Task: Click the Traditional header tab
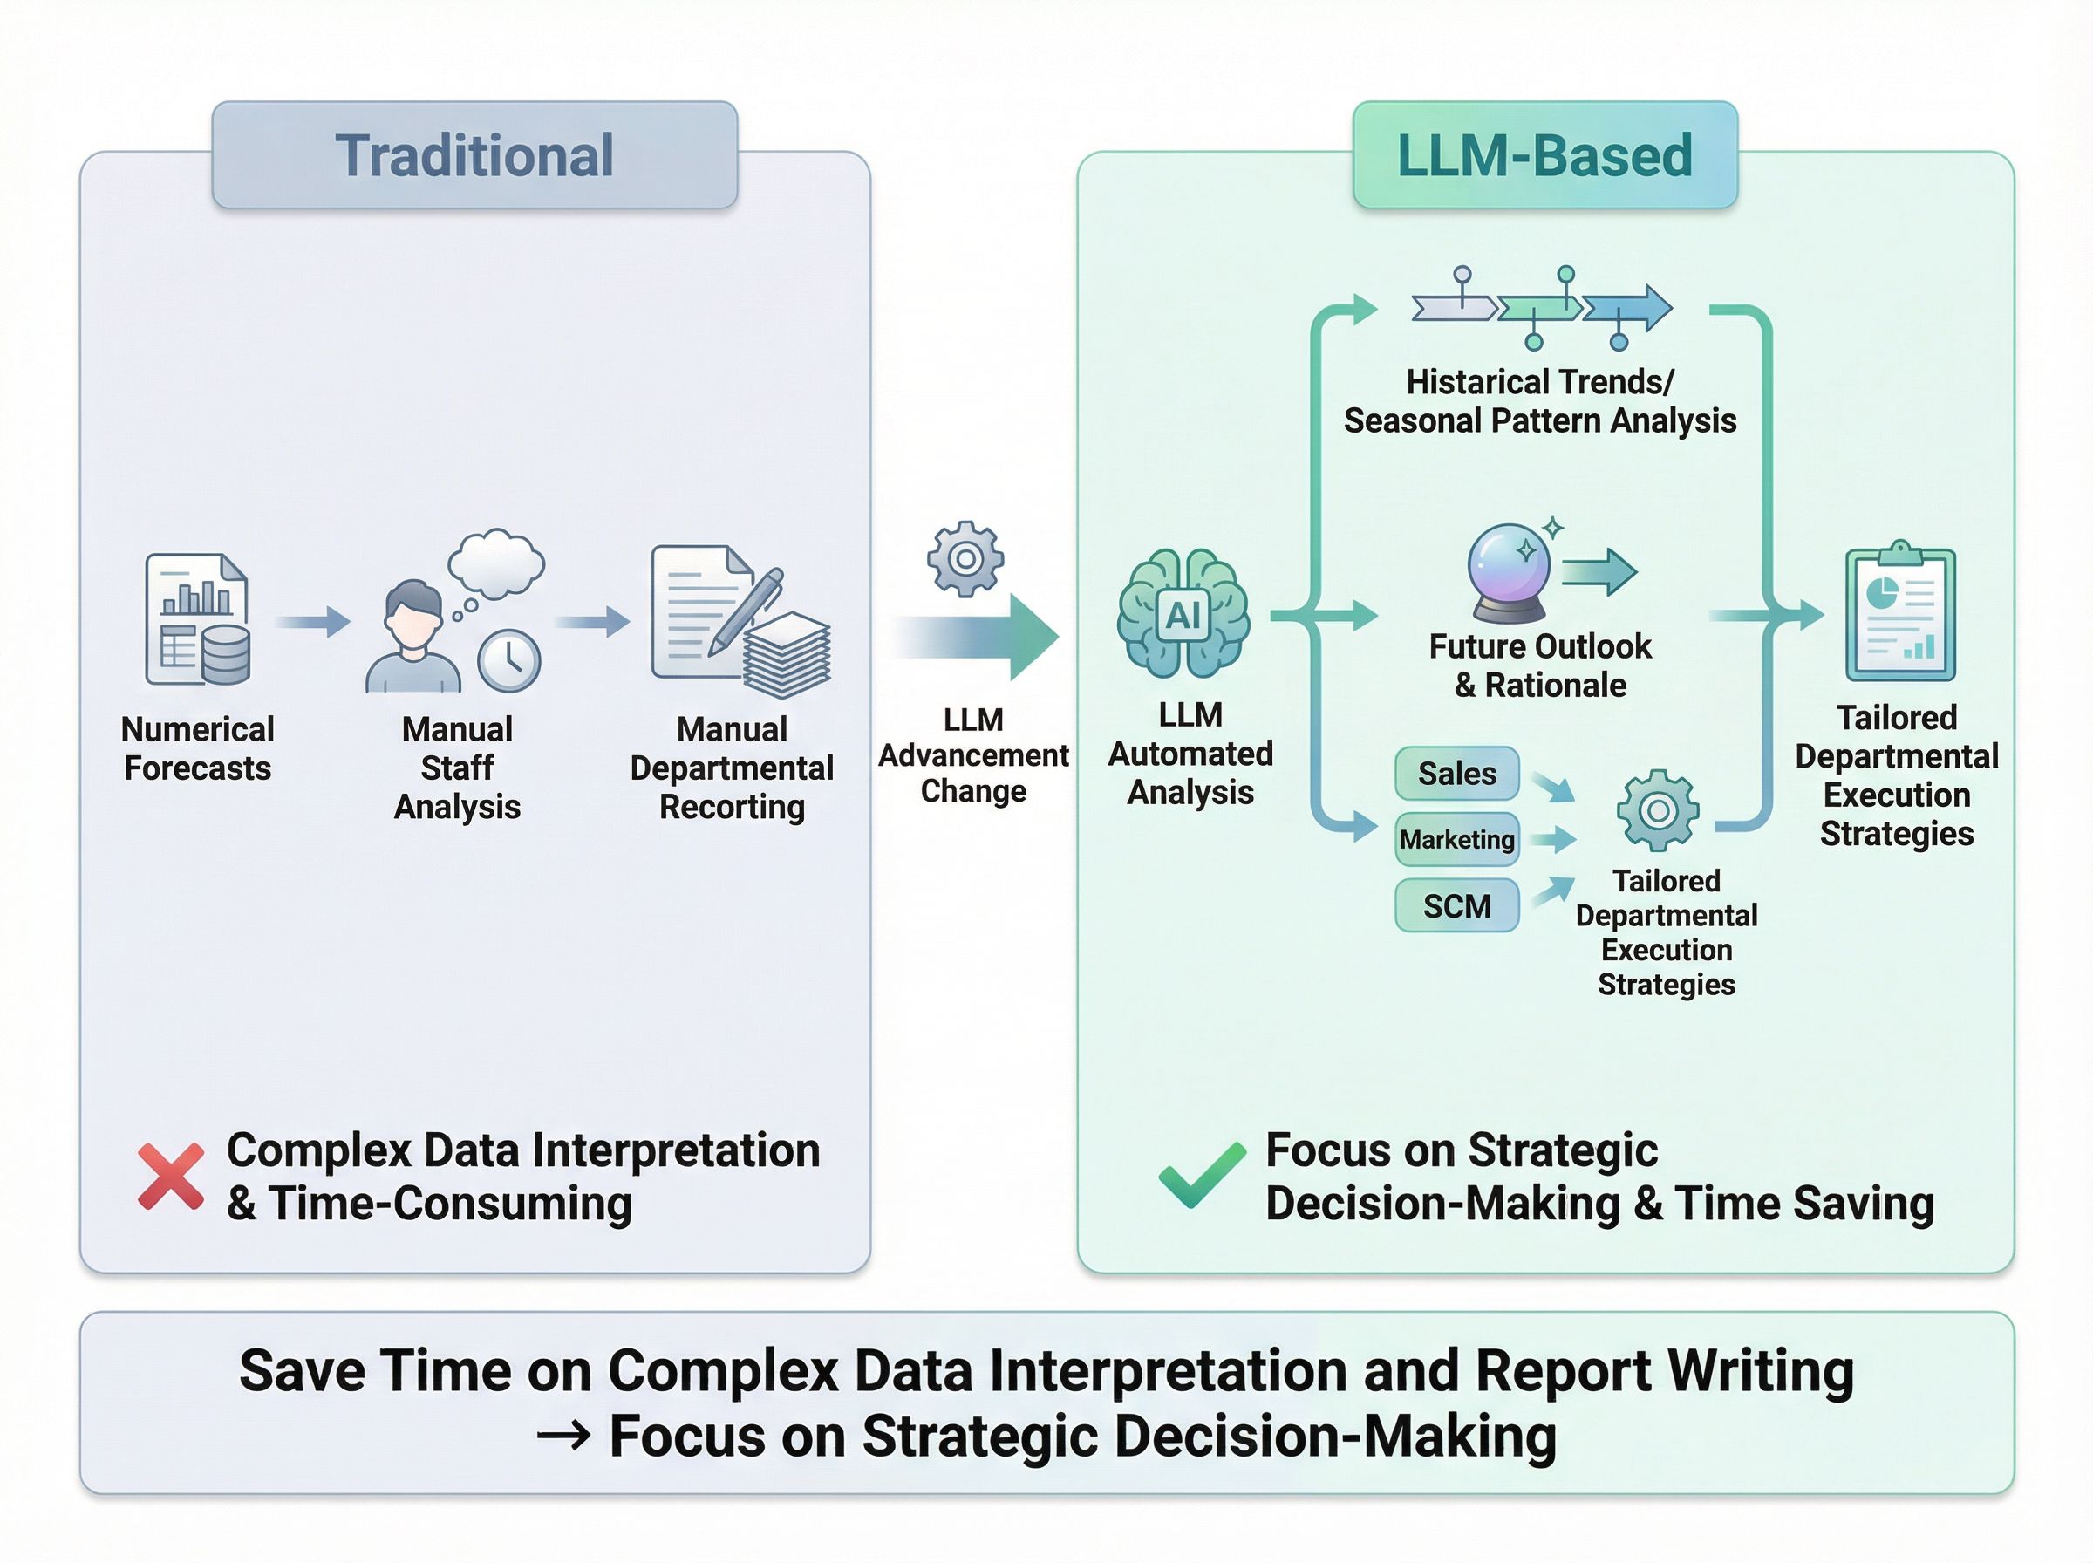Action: [474, 155]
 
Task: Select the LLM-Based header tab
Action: [1544, 155]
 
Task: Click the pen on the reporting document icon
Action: [747, 611]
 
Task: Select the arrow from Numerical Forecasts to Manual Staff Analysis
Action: [313, 622]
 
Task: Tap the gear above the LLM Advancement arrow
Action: [965, 558]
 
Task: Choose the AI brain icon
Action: [1183, 615]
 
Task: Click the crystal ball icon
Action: [1509, 571]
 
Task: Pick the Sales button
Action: [1456, 773]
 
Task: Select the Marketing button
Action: [1456, 839]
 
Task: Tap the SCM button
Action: [1456, 905]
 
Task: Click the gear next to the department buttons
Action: [1657, 811]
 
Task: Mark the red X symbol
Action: [170, 1176]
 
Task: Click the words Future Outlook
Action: [1540, 646]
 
